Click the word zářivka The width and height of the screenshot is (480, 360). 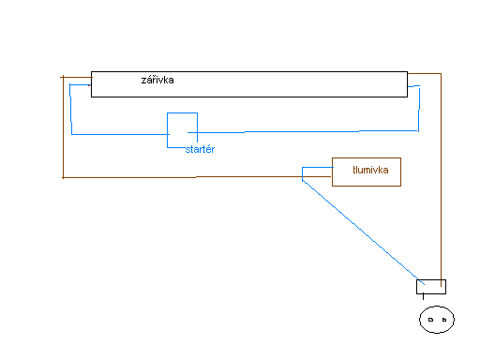pyautogui.click(x=157, y=80)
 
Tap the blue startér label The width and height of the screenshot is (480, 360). pyautogui.click(x=200, y=149)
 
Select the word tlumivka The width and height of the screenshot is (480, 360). pyautogui.click(x=370, y=170)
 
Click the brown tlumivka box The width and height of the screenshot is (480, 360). pyautogui.click(x=367, y=158)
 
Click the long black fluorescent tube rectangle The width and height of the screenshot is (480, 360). pyautogui.click(x=249, y=72)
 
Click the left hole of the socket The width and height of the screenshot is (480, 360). pyautogui.click(x=430, y=320)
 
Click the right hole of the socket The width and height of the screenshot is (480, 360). pyautogui.click(x=444, y=320)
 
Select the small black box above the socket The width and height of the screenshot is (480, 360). pyautogui.click(x=431, y=280)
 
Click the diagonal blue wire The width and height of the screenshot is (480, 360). pyautogui.click(x=363, y=232)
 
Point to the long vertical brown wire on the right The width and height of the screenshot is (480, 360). pyautogui.click(x=441, y=180)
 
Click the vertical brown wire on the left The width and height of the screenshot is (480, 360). pyautogui.click(x=63, y=127)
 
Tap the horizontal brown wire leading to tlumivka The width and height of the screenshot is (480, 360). pyautogui.click(x=197, y=177)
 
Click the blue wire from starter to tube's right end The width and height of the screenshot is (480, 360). pyautogui.click(x=303, y=132)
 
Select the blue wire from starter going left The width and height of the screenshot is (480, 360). pyautogui.click(x=121, y=134)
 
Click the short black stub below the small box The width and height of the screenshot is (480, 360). pyautogui.click(x=423, y=296)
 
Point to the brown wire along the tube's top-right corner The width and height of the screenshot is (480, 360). pyautogui.click(x=425, y=74)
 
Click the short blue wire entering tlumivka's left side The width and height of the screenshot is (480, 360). pyautogui.click(x=318, y=168)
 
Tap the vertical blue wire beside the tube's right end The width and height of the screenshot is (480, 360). pyautogui.click(x=419, y=109)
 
